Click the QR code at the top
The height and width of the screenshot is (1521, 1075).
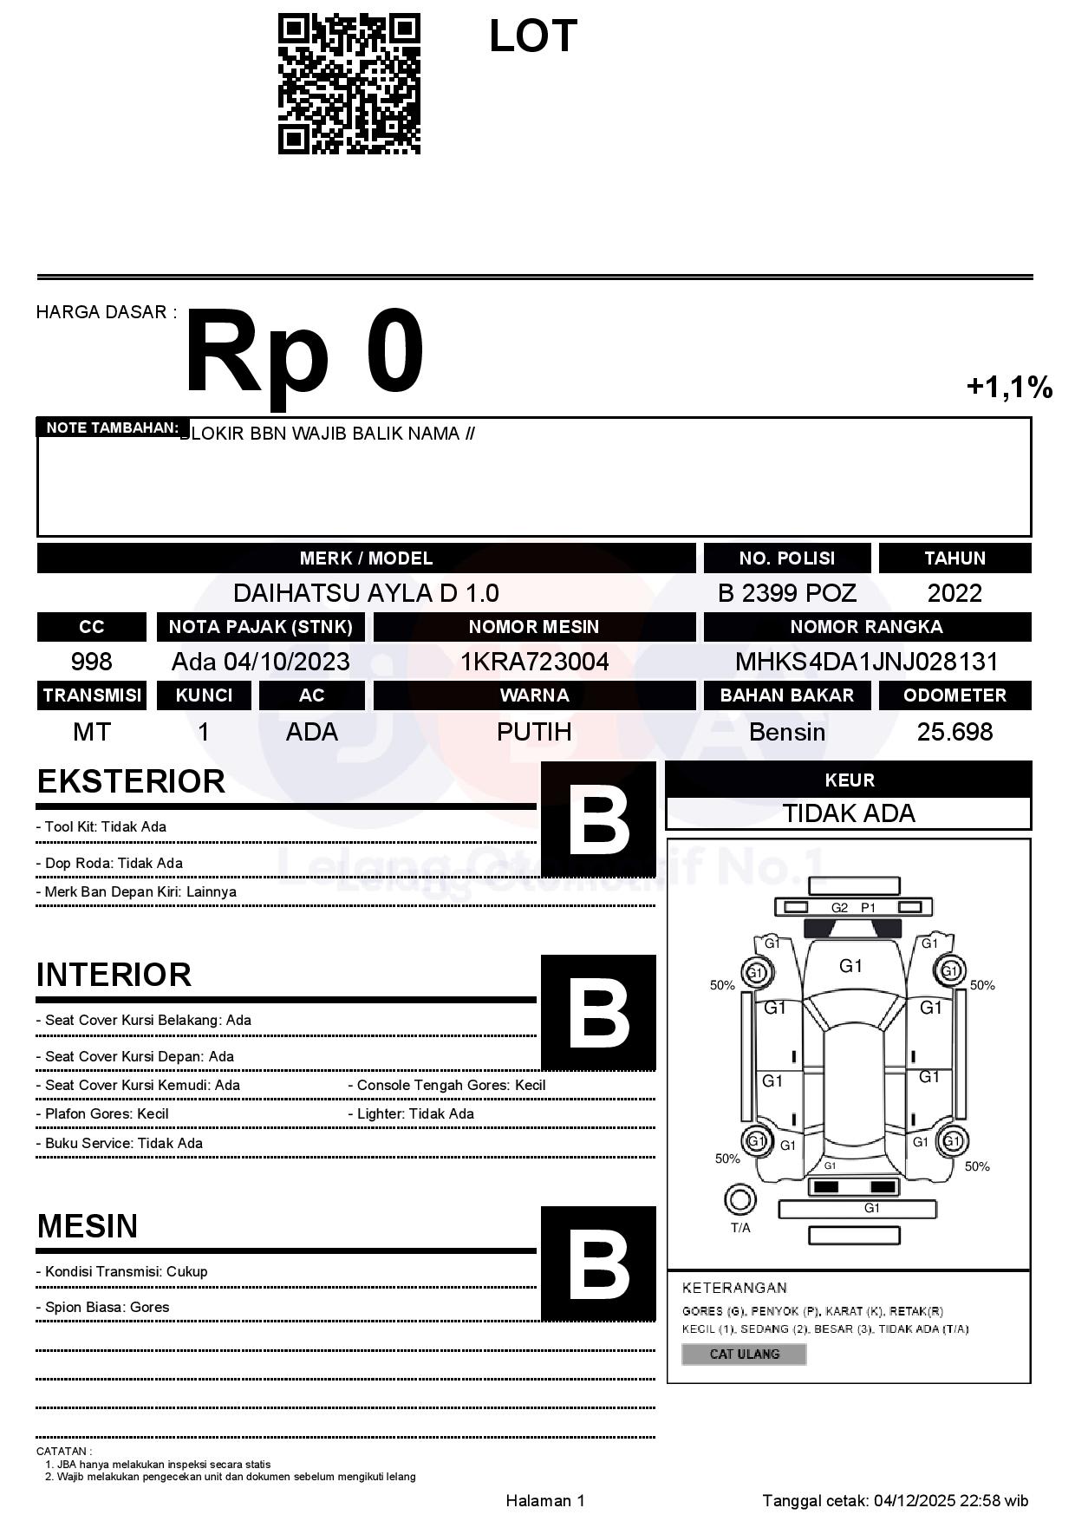pos(349,84)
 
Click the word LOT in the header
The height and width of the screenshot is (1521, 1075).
pos(532,37)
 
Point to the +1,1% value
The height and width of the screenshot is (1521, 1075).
pos(1009,387)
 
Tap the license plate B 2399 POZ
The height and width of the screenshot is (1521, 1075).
pos(786,593)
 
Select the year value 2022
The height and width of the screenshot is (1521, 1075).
pos(954,593)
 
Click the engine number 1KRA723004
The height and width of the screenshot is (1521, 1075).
pos(534,662)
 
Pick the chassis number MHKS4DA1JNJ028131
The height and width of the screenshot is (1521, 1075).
pos(866,662)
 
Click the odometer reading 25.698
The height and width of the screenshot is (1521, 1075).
pos(954,732)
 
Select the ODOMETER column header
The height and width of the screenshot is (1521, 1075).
pos(954,695)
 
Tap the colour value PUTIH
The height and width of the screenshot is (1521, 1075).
pos(534,732)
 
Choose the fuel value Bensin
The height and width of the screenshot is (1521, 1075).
pos(786,732)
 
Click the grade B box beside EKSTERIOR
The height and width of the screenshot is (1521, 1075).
pos(598,819)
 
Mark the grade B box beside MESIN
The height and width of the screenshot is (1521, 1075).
pos(598,1263)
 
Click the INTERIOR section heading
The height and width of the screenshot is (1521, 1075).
pos(114,975)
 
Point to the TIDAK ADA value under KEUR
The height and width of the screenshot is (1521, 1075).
pos(849,813)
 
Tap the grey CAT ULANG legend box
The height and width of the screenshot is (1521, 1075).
pos(744,1354)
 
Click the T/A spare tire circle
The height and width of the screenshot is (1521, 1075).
pos(739,1200)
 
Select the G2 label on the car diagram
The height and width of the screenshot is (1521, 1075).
pos(839,908)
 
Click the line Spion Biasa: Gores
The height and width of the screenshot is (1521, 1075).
pos(107,1307)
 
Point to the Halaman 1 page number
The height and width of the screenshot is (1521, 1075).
pos(545,1500)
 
